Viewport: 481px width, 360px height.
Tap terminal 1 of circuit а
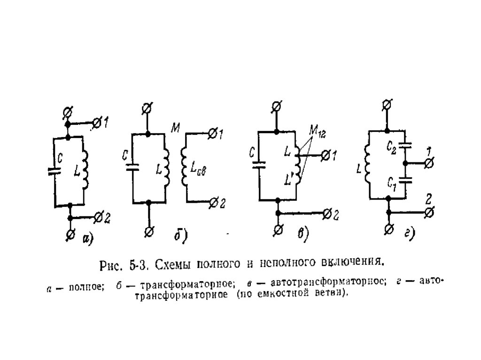97,123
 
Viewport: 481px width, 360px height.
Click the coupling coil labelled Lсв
185,171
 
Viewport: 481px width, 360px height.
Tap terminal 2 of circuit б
214,202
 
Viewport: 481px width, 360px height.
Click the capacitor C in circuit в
258,164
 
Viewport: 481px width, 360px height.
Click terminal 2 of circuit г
429,213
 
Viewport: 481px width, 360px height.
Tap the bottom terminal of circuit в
278,229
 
